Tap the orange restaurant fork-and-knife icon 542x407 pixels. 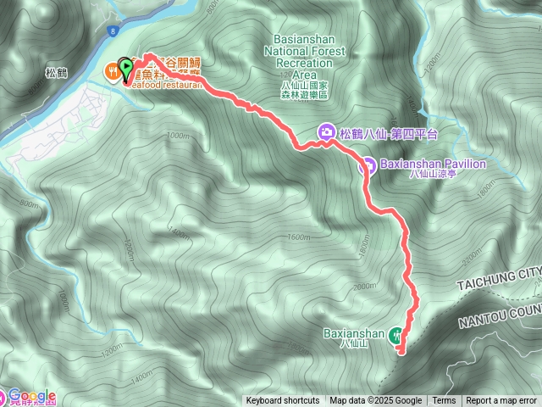[112, 71]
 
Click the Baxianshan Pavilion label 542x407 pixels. [432, 164]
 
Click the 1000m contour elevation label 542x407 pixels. [177, 136]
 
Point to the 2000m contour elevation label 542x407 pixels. [363, 287]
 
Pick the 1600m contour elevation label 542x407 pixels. [299, 237]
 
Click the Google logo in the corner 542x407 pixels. [31, 395]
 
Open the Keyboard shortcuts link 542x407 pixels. [283, 401]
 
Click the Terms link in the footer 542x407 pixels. [444, 401]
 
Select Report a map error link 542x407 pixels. [501, 401]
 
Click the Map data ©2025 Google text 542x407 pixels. [376, 401]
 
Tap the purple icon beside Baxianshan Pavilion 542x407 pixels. [367, 166]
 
